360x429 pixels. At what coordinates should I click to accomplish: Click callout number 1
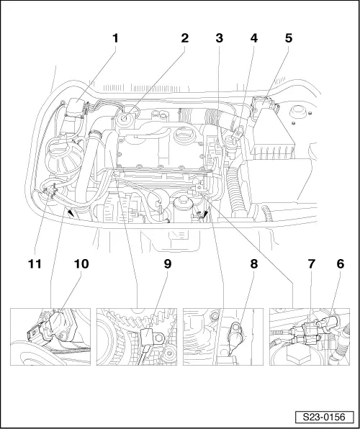[113, 38]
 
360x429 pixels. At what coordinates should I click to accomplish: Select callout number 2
[184, 38]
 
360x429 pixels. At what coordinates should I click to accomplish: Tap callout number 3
[219, 38]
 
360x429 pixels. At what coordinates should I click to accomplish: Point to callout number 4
[253, 38]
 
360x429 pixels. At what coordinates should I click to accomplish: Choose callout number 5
[288, 38]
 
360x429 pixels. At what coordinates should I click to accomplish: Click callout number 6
[339, 264]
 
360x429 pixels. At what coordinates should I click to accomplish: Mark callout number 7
[311, 264]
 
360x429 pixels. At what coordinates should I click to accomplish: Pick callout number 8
[253, 264]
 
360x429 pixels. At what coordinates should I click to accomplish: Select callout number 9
[167, 264]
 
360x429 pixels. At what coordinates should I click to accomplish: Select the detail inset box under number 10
[50, 337]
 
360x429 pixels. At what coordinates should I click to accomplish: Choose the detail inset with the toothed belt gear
[137, 337]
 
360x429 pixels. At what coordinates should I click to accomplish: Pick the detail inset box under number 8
[223, 337]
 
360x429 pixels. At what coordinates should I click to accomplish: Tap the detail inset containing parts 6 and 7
[310, 337]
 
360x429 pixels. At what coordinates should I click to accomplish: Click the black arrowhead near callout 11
[69, 212]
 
